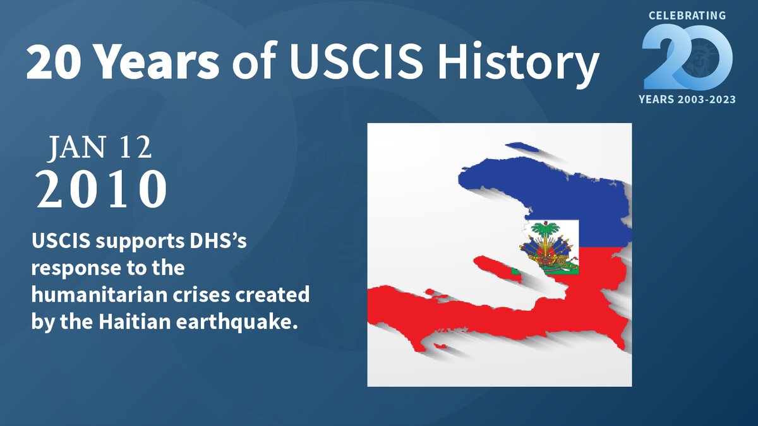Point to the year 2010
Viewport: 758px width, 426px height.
[102, 189]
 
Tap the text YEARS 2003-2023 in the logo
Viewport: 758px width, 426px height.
[687, 100]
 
